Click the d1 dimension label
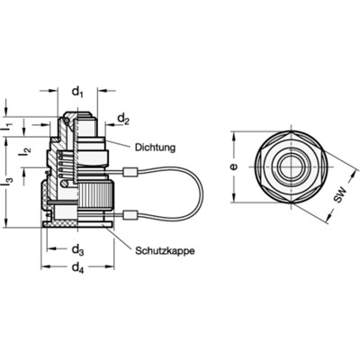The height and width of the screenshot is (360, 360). [x=77, y=91]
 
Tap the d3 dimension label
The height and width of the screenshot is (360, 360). [x=77, y=249]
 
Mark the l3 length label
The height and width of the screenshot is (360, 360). [x=8, y=181]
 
